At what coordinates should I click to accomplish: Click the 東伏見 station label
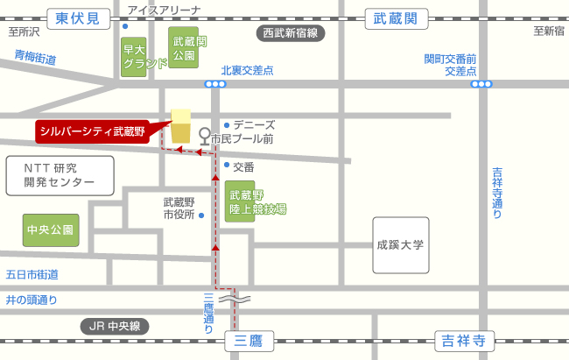coord(78,18)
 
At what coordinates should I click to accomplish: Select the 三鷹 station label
coord(249,339)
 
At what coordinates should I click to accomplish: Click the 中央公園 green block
coord(51,230)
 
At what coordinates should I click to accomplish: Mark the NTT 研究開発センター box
coord(60,174)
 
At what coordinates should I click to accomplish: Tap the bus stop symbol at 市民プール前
coord(205,138)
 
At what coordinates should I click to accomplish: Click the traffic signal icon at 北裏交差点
coord(215,84)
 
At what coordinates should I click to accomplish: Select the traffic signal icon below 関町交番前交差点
coord(481,84)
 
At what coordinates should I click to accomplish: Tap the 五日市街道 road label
coord(32,274)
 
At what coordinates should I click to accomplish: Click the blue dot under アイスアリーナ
coord(126,25)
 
